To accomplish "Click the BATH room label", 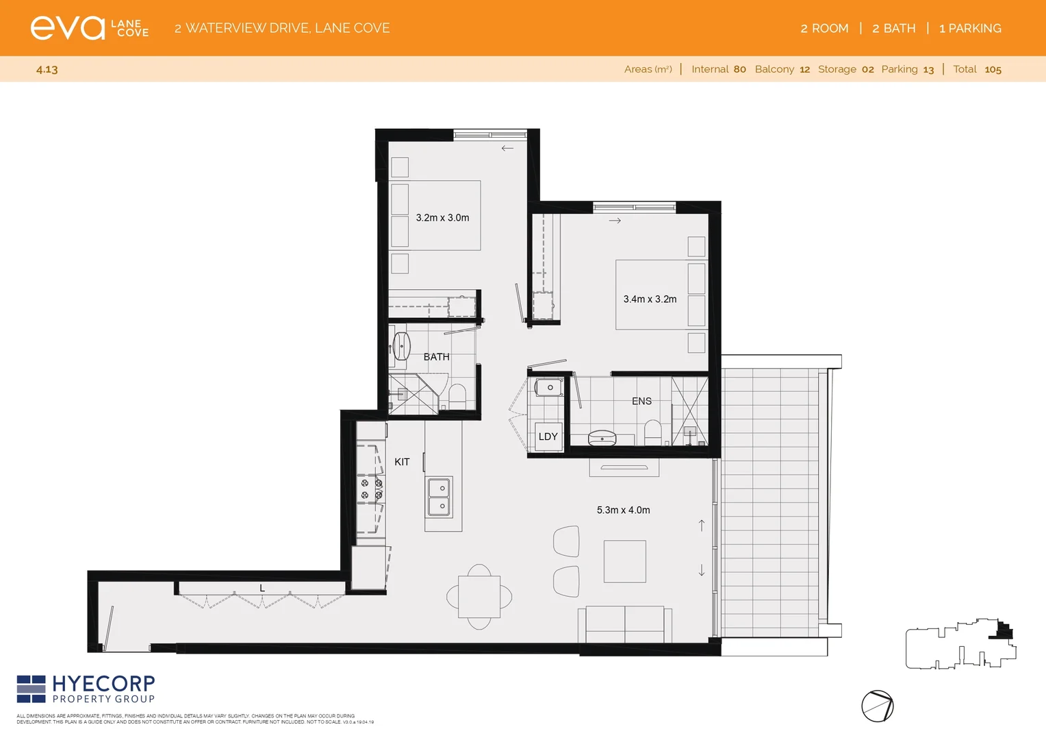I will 436,357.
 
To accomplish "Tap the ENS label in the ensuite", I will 641,402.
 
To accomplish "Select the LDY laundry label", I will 548,436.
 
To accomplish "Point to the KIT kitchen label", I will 402,462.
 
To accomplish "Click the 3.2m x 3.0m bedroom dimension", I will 442,218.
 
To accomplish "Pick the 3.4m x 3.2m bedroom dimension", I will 650,299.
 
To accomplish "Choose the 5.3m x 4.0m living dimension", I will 623,510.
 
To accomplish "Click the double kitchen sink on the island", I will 439,497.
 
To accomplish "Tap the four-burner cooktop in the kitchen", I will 371,489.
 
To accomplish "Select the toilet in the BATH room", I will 457,396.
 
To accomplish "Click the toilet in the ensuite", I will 652,431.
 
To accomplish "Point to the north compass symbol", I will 877,706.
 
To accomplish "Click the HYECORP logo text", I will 103,684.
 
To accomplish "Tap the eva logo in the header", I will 67,28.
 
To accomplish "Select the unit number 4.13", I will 47,69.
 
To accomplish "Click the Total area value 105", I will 993,69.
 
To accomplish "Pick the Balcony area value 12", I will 804,69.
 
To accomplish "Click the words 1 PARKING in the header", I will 970,28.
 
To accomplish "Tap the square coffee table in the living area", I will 624,561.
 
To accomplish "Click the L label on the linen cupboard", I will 262,588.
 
